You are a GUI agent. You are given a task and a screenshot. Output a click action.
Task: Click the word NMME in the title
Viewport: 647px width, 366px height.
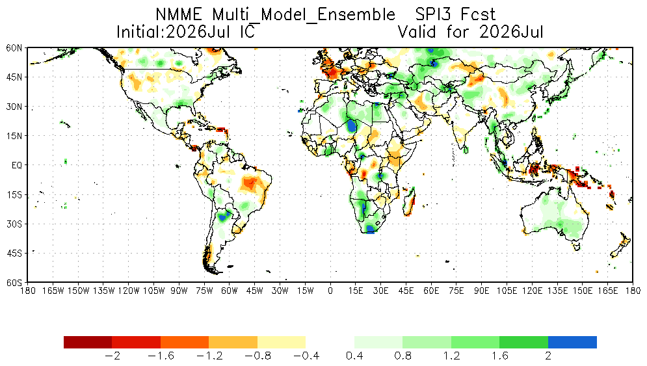tap(179, 15)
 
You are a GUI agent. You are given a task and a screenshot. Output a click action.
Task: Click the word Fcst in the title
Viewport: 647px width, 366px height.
tap(479, 15)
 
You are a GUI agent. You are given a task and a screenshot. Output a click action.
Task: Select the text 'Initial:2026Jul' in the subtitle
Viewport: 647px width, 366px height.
tap(173, 32)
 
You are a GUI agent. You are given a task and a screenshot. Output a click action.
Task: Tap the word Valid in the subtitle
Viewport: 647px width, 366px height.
tap(417, 32)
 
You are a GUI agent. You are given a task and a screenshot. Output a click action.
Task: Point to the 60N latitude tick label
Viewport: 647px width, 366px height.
tap(14, 48)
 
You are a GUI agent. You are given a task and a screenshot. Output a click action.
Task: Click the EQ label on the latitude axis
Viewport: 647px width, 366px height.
tap(16, 166)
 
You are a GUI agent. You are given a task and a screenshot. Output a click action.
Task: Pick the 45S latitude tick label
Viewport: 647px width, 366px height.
tap(14, 253)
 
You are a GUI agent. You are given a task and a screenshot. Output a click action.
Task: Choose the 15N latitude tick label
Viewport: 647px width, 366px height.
tap(14, 136)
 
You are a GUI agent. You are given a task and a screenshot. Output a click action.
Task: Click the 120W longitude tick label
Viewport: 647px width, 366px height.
tap(129, 291)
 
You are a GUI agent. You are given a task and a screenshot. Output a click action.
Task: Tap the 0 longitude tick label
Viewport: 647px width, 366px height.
tap(330, 291)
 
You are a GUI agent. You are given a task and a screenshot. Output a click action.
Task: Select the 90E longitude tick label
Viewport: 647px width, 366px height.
tap(482, 291)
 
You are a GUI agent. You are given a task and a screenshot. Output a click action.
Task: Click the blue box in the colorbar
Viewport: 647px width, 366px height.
tap(572, 342)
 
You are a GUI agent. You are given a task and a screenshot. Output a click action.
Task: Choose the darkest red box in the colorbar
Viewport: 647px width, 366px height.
tap(88, 342)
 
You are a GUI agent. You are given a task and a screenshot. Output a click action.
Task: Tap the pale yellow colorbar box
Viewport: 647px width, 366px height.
tap(282, 342)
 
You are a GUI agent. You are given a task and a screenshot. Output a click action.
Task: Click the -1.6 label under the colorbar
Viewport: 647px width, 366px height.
tap(161, 356)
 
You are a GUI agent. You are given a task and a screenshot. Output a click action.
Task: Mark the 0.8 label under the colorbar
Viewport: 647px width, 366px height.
tap(403, 356)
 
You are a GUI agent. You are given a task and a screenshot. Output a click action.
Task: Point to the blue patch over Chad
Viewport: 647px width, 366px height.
tap(352, 125)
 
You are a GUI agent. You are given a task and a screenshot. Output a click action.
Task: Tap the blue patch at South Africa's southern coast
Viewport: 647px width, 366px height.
tap(370, 229)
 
